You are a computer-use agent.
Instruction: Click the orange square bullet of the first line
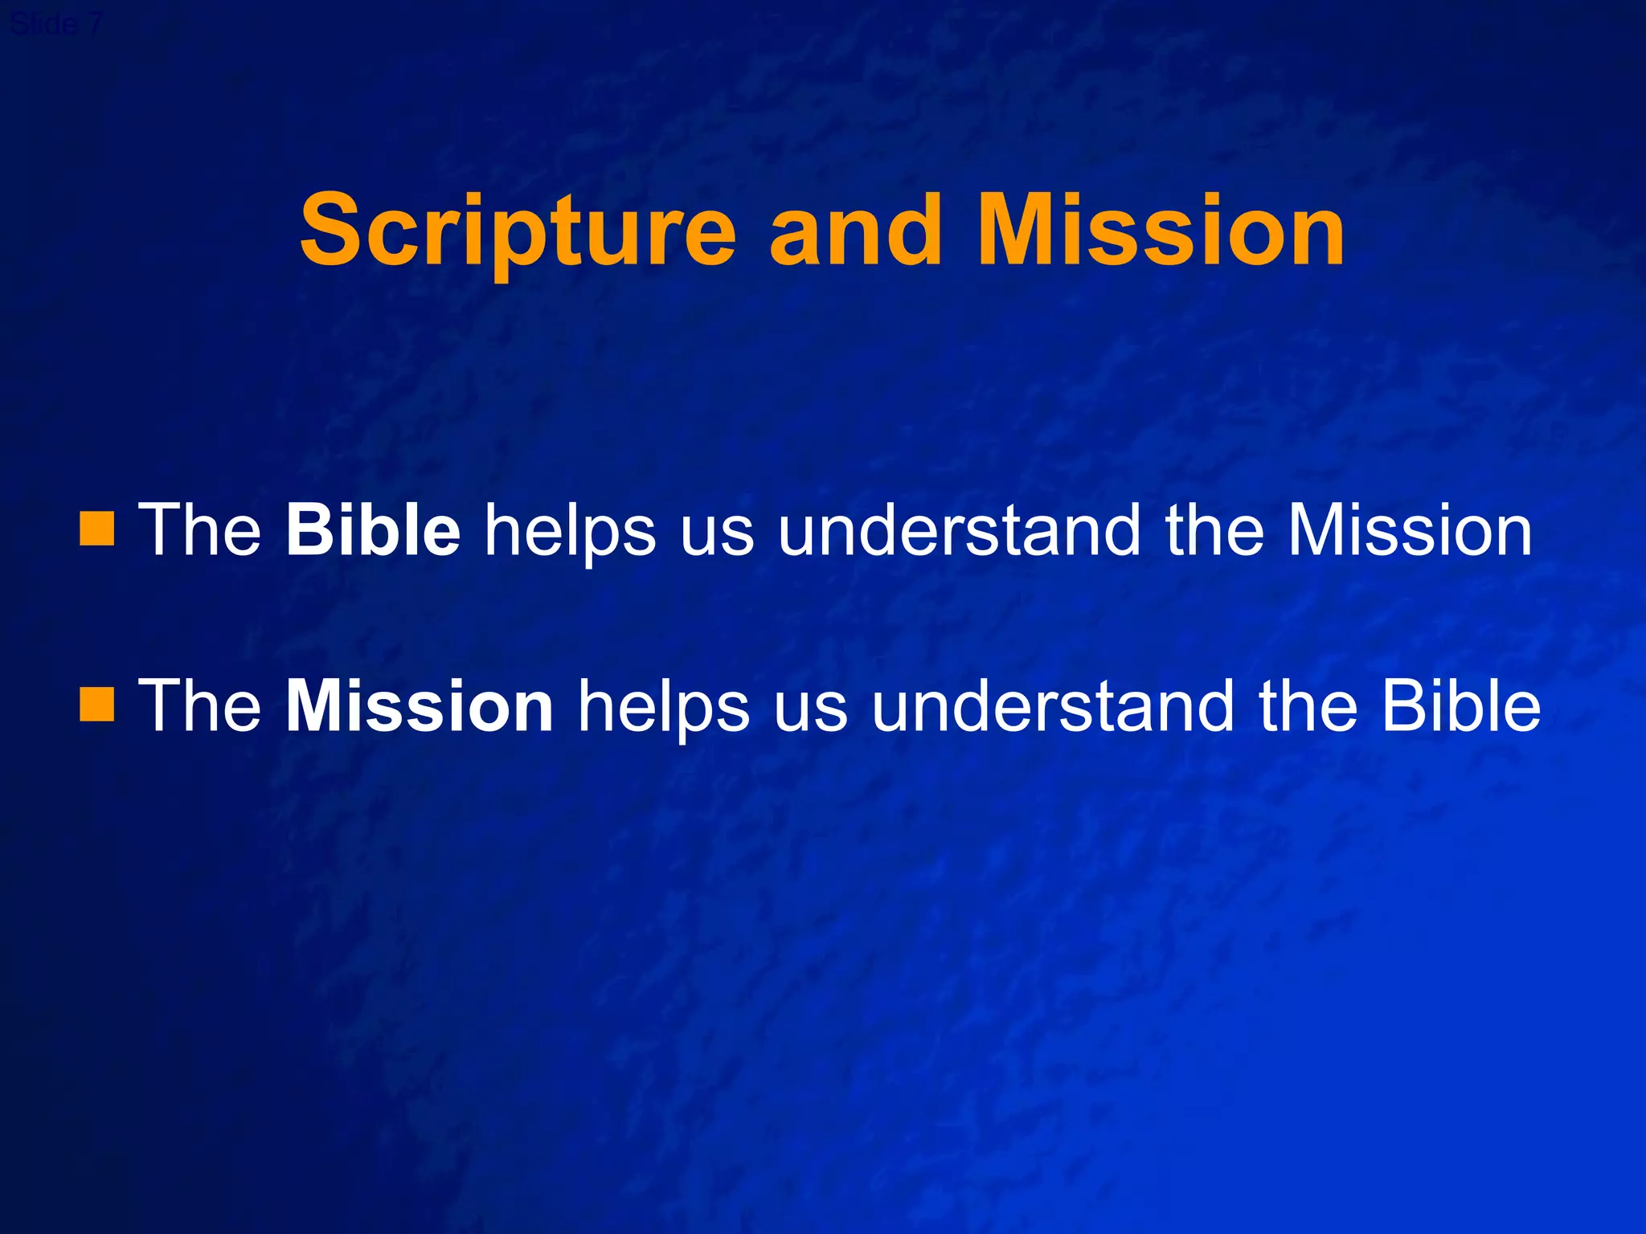click(x=97, y=529)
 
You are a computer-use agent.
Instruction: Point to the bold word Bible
click(x=373, y=529)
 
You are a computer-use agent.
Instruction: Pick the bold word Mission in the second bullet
click(x=420, y=705)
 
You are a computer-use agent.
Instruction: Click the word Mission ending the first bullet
click(x=1410, y=529)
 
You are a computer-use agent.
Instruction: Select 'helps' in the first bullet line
click(x=570, y=531)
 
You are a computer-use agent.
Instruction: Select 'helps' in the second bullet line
click(x=663, y=707)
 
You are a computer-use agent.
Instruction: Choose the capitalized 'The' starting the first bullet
click(x=200, y=529)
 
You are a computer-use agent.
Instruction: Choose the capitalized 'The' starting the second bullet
click(x=200, y=705)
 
